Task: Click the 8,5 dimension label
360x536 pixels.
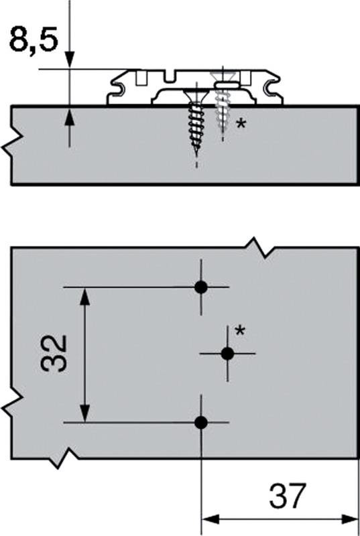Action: [33, 41]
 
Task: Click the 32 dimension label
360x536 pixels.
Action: [54, 354]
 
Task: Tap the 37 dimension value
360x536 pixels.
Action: [286, 496]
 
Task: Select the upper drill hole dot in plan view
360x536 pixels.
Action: [201, 287]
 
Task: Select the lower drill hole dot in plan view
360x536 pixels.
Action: [201, 423]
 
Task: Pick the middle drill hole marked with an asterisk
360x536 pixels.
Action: [228, 354]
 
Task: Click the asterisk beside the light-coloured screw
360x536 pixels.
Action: [241, 123]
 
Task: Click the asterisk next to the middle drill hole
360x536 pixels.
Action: [241, 330]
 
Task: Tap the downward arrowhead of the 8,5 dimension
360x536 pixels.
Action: [70, 60]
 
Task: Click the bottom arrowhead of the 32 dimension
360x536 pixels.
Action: [85, 413]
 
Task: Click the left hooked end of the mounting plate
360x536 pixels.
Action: [117, 88]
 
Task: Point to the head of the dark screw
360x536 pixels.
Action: [196, 92]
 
